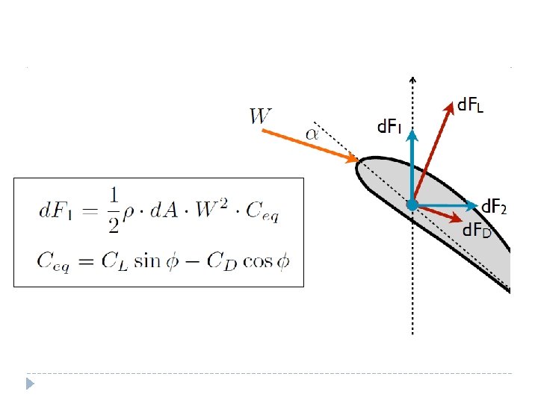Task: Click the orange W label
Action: click(x=261, y=116)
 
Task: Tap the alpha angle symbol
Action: click(x=312, y=134)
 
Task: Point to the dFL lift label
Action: click(x=470, y=106)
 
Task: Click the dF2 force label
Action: click(x=494, y=206)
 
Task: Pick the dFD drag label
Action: click(x=477, y=230)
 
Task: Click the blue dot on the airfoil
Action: click(x=412, y=204)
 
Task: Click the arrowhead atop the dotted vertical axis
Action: click(x=413, y=78)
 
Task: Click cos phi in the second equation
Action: click(x=270, y=260)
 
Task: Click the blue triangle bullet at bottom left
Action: click(x=30, y=384)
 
